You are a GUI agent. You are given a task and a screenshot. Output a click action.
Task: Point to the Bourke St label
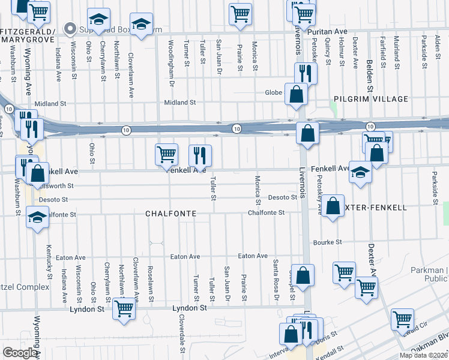pos(327,242)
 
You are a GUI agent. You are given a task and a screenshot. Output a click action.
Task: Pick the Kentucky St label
pos(49,265)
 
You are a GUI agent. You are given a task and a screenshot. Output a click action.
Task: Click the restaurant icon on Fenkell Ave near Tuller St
pos(200,155)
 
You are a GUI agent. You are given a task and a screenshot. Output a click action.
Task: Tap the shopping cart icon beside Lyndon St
pos(124,309)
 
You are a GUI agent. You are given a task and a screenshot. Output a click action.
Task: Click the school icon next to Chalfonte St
pos(38,217)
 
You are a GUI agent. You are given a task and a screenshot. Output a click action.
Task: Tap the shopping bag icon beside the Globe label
pos(296,94)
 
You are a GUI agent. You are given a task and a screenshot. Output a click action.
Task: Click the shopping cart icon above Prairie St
pos(240,13)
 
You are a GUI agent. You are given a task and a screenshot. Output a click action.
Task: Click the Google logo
pos(20,353)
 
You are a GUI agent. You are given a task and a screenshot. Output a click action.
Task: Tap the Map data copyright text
pos(424,355)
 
